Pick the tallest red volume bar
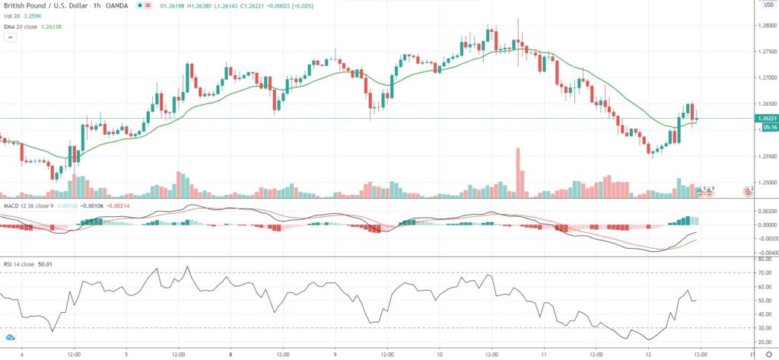518,172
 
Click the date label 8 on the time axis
230,353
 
